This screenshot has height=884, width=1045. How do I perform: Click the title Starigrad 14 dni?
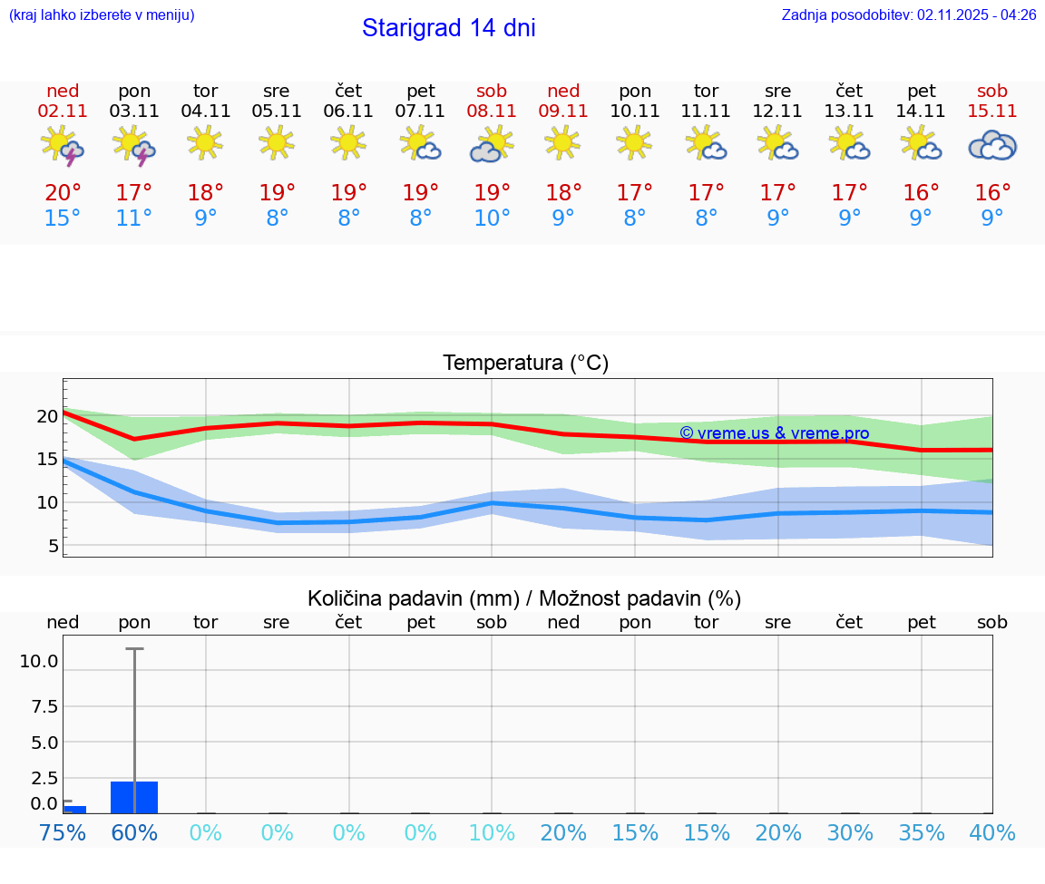(x=448, y=28)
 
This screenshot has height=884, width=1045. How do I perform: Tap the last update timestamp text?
(x=909, y=15)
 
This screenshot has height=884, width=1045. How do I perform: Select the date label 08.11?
(x=492, y=111)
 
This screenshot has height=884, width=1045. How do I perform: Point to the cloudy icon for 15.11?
(x=992, y=145)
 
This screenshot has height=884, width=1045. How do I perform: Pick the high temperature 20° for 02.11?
(x=63, y=192)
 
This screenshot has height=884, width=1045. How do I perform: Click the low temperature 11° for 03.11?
(x=134, y=218)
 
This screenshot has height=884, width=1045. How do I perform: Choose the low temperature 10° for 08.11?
(x=492, y=218)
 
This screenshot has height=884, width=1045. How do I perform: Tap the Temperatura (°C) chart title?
(x=525, y=363)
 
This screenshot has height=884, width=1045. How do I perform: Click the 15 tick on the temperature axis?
(x=47, y=459)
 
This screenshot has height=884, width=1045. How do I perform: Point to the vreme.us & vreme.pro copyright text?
(x=774, y=433)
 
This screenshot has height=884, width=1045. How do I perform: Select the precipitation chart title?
(x=524, y=598)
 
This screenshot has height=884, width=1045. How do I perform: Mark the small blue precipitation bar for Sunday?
(x=74, y=809)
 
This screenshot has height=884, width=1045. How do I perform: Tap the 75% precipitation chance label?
(x=63, y=832)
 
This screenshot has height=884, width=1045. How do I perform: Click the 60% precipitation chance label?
(x=134, y=832)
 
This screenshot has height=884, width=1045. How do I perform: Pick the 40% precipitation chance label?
(x=992, y=832)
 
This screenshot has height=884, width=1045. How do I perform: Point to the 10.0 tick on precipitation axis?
(x=38, y=661)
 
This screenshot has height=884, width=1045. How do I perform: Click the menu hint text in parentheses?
(x=101, y=15)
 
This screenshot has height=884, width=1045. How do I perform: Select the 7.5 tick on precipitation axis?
(x=44, y=705)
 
